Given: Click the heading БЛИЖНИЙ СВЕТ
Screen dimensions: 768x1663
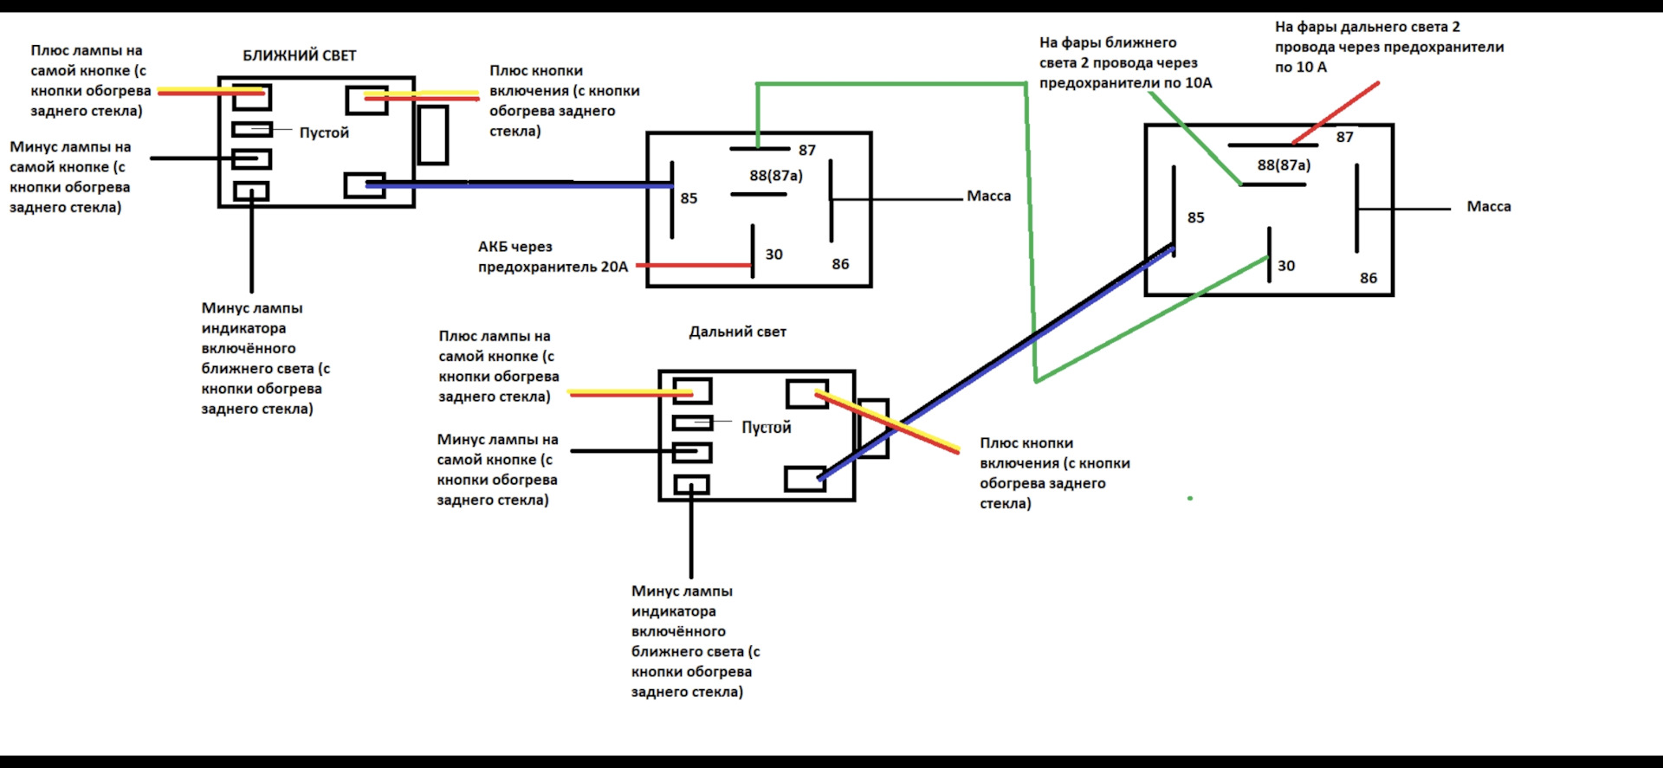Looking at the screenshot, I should [299, 55].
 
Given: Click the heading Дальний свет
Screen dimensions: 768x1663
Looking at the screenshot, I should [737, 332].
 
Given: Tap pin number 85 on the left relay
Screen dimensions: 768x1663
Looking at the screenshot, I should [689, 198].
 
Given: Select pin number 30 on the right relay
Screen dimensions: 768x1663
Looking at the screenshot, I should [1286, 266].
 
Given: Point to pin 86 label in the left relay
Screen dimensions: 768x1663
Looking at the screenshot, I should [840, 264].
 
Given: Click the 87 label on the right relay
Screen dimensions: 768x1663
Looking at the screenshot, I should [1344, 137].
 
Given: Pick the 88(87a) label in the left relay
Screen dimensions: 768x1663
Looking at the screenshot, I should [776, 176].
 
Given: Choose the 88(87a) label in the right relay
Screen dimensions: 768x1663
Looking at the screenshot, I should [1284, 165].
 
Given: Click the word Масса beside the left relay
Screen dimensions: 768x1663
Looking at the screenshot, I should [988, 196].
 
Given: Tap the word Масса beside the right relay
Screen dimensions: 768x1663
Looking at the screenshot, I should [1488, 206].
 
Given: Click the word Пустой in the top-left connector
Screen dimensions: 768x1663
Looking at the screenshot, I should [324, 132].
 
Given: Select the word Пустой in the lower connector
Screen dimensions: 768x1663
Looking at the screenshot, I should [766, 427].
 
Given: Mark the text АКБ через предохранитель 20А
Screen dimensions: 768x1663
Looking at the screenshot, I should [553, 257].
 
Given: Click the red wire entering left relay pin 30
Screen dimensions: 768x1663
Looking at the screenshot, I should [693, 265].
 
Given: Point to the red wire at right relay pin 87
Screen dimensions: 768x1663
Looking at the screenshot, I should [1334, 113].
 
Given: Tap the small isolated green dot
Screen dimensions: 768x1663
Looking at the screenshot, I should [1190, 498].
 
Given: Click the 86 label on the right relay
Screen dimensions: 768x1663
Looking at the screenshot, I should [1368, 278].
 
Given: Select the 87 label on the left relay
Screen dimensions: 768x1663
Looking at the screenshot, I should [807, 151].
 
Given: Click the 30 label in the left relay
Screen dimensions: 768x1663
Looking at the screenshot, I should [773, 255].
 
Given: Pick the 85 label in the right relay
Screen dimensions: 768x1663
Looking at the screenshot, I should [1195, 217].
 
